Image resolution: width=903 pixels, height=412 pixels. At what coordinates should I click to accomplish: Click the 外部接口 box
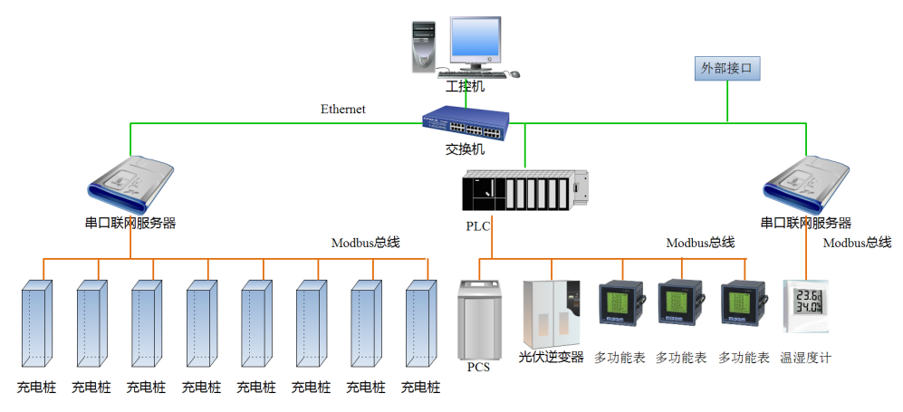(726, 68)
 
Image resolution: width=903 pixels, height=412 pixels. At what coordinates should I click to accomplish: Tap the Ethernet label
(343, 110)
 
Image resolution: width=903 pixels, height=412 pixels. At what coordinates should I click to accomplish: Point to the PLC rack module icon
(524, 192)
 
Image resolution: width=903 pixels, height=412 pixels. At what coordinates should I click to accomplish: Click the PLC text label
(477, 226)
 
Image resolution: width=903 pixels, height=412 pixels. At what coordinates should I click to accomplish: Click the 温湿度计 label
(805, 358)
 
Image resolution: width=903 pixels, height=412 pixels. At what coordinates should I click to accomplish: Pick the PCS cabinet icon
(480, 318)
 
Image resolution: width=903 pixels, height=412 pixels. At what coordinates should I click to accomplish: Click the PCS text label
(478, 368)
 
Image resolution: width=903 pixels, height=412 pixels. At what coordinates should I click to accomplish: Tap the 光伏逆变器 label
(551, 357)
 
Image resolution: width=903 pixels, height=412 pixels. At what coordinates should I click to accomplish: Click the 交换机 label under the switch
(465, 149)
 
